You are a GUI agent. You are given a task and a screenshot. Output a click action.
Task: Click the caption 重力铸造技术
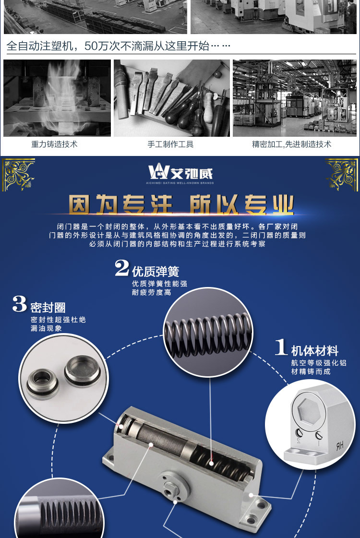point(54,144)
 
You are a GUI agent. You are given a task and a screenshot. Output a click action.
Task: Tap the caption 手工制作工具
point(170,144)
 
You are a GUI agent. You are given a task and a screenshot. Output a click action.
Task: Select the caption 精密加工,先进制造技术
point(292,144)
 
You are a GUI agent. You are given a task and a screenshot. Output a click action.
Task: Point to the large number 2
point(122,268)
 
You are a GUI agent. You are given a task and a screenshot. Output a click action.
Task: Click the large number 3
point(20,304)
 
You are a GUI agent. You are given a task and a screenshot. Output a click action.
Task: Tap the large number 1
point(281,347)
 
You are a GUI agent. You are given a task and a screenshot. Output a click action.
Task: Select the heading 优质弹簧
point(156,272)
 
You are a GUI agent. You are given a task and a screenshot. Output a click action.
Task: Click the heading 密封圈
point(48,308)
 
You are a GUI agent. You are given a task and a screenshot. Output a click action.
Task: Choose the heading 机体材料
point(315,351)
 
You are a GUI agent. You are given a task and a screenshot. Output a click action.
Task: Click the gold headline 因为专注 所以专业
point(181,205)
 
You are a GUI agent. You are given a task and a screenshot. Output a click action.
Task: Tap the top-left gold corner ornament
point(19,174)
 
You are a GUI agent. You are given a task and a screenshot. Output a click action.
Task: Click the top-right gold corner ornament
point(341,174)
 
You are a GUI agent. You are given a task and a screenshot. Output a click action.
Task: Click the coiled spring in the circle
point(208,334)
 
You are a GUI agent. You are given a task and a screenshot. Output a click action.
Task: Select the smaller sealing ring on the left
point(42,383)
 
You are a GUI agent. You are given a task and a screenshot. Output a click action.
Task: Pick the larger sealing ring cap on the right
point(83,371)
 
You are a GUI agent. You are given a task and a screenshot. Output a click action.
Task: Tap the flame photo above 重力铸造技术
point(57,98)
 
